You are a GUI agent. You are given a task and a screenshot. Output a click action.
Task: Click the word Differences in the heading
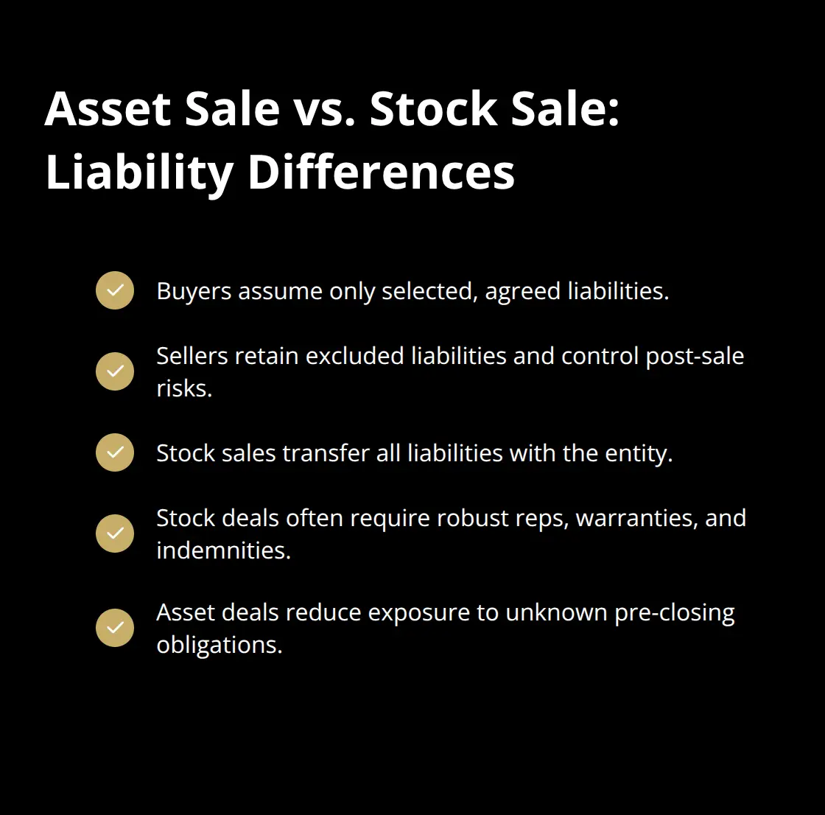(381, 172)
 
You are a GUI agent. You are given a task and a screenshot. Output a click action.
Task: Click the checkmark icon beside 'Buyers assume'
(115, 290)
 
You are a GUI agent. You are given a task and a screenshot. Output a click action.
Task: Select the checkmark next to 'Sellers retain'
(115, 371)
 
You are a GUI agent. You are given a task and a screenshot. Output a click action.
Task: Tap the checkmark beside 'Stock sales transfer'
(115, 452)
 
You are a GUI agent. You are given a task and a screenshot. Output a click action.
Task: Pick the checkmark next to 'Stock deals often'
(115, 534)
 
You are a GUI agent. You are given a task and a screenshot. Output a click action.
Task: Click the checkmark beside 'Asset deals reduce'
(115, 628)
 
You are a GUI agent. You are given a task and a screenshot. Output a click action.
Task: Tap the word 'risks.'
(184, 388)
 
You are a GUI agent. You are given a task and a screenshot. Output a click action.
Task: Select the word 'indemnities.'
(223, 550)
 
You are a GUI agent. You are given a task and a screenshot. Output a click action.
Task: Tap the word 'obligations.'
(220, 646)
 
